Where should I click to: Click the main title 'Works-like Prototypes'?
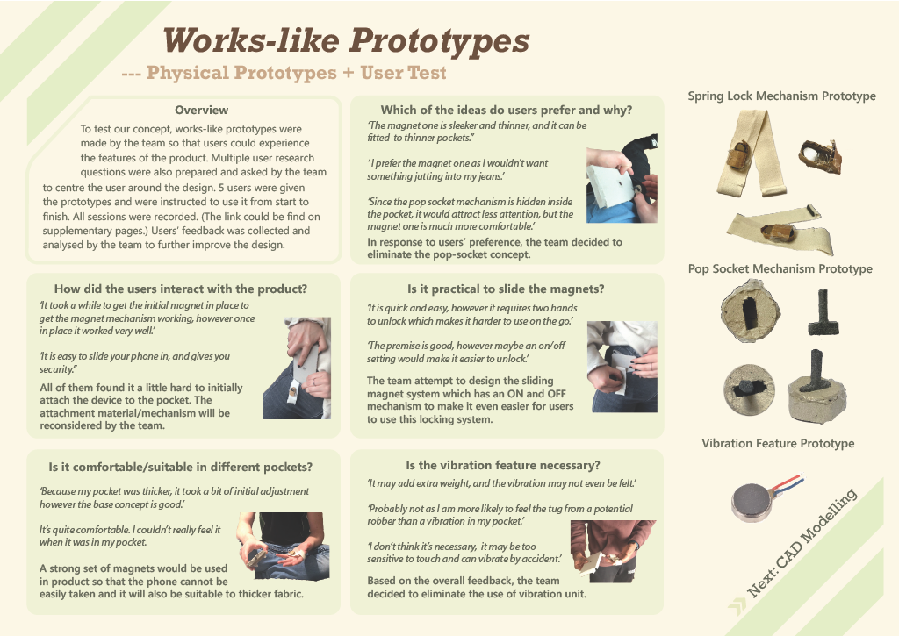pos(346,40)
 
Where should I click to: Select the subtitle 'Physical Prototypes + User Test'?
pos(297,73)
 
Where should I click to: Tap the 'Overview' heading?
pos(201,110)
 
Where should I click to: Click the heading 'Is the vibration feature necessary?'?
pos(503,465)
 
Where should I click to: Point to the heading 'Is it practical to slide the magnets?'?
pos(506,289)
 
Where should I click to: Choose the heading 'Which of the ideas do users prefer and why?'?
pos(507,110)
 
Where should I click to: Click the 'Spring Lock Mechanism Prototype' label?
pos(781,96)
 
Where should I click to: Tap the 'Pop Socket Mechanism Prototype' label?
pos(780,268)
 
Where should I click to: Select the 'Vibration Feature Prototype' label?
pos(778,444)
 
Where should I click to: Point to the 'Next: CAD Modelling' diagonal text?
pos(802,542)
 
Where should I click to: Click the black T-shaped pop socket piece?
pos(823,312)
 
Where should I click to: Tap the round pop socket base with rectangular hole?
pos(750,311)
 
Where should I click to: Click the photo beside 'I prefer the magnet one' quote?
pos(622,179)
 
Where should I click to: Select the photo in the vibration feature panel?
pos(613,551)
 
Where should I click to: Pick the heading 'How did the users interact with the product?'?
pos(181,289)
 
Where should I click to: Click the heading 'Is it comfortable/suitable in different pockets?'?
pos(181,467)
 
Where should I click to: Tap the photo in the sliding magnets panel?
pos(622,367)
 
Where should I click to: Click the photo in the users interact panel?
pos(297,368)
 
